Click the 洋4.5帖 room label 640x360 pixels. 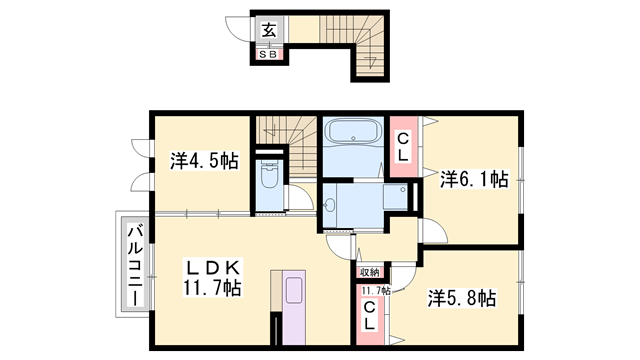[203, 160]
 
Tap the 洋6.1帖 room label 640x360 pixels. [474, 180]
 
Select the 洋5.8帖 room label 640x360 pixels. [461, 297]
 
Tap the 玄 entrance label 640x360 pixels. [269, 31]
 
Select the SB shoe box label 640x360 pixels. [269, 55]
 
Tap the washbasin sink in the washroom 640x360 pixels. [333, 208]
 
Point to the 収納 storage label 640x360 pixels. [368, 272]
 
